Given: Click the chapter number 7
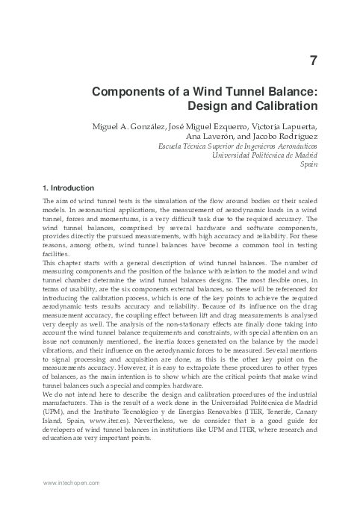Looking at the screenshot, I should pyautogui.click(x=315, y=58).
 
